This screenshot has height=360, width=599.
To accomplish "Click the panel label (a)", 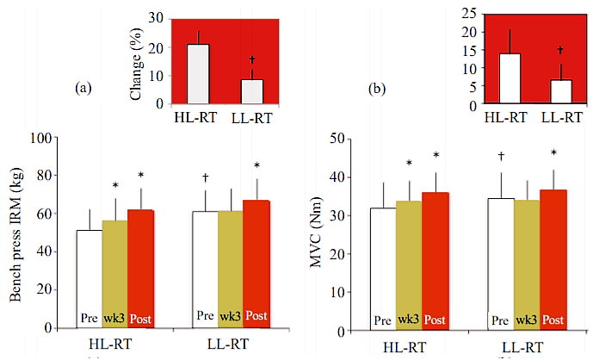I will pyautogui.click(x=83, y=88).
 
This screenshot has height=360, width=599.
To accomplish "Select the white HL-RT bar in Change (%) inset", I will pyautogui.click(x=198, y=74).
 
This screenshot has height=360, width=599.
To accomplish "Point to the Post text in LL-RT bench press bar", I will pyautogui.click(x=256, y=316).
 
